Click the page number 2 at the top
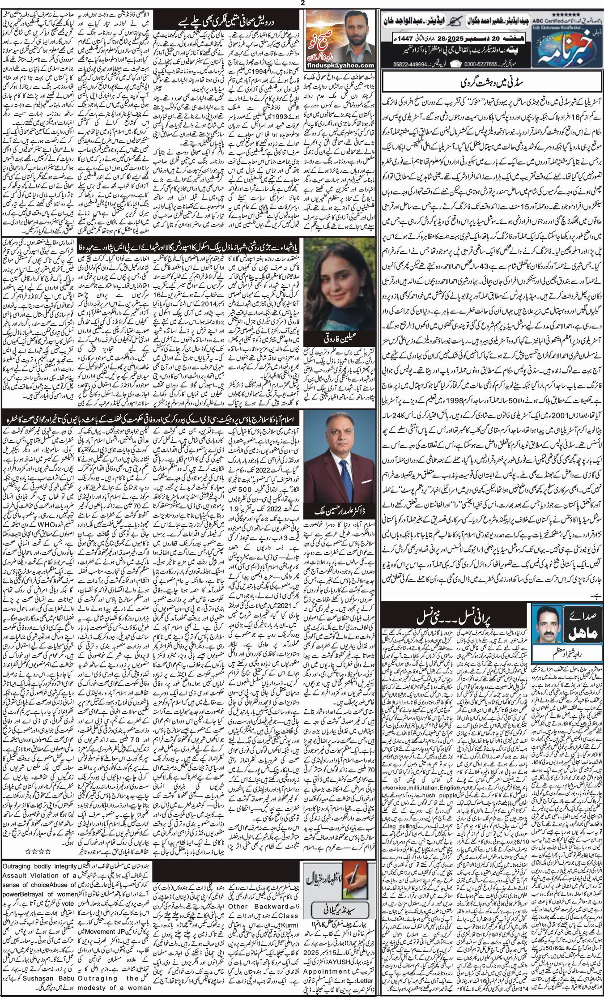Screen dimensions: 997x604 coord(302,3)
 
